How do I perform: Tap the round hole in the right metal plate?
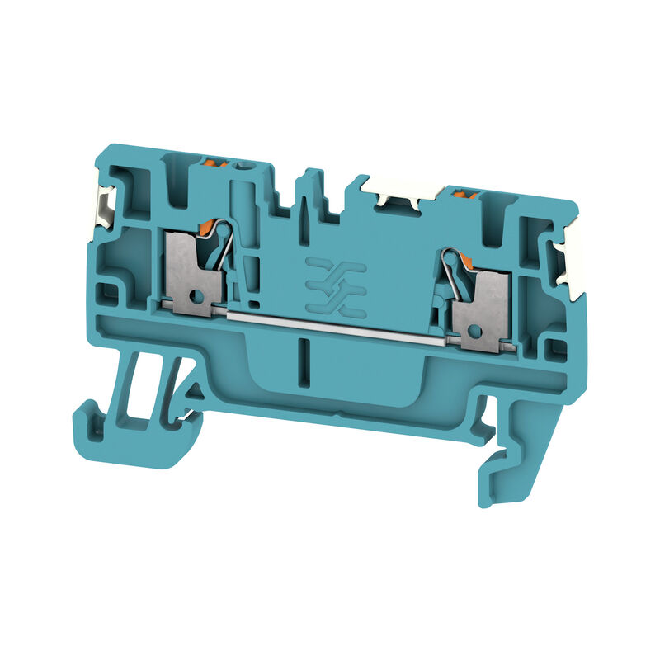point(473,330)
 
